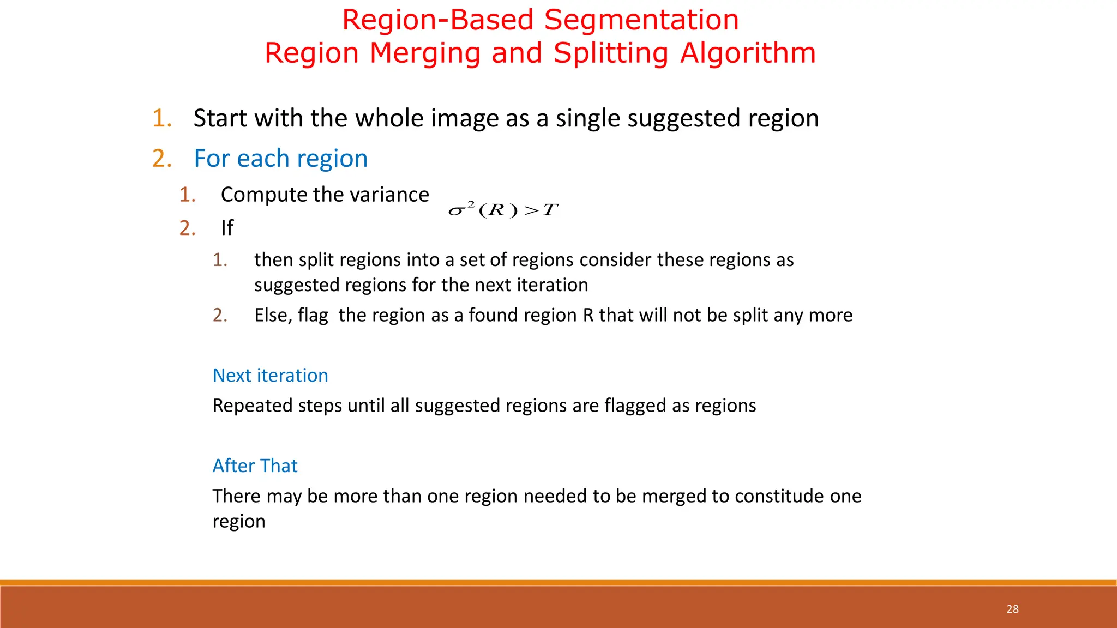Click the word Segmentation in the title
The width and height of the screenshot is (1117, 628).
(x=641, y=20)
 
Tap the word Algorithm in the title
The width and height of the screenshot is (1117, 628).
(x=748, y=53)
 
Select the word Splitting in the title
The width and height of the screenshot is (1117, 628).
(x=611, y=53)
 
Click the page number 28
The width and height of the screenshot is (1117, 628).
(x=1012, y=609)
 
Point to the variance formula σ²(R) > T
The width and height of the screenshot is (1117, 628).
(x=503, y=210)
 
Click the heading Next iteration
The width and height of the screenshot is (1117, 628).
(x=270, y=375)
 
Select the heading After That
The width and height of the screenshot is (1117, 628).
(x=255, y=466)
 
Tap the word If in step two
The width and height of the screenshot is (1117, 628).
(x=227, y=228)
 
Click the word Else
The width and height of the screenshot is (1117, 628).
(x=273, y=315)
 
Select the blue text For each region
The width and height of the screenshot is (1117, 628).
(x=280, y=159)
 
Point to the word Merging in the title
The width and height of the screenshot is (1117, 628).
(x=425, y=53)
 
